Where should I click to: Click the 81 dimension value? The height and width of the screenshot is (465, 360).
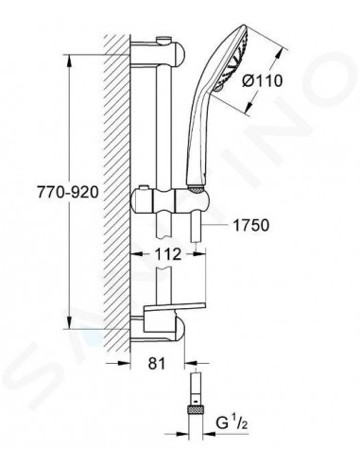click(157, 361)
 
